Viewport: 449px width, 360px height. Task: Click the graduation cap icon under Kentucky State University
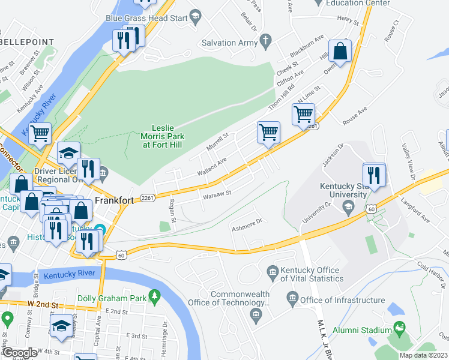(x=348, y=207)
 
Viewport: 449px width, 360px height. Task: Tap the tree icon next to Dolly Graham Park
(x=155, y=295)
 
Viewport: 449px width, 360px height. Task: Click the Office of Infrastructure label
(x=342, y=300)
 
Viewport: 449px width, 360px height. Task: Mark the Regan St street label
(x=172, y=211)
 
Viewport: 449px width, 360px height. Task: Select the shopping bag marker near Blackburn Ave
(x=340, y=52)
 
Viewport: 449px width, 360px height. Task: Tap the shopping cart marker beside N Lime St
(x=304, y=113)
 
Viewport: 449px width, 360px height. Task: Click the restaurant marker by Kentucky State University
(x=373, y=175)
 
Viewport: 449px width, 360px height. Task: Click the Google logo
(x=19, y=353)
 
